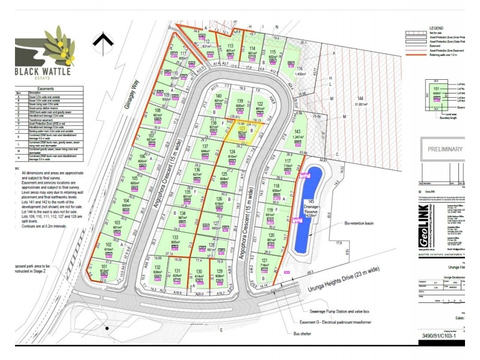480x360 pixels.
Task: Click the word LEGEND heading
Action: pyautogui.click(x=436, y=28)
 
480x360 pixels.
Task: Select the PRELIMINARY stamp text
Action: pyautogui.click(x=445, y=149)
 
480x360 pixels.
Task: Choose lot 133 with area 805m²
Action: pyautogui.click(x=175, y=240)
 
